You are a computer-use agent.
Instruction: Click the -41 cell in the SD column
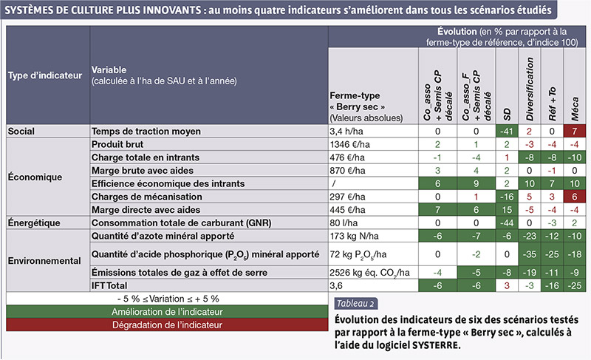(507, 131)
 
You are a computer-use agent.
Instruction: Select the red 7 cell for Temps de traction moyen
(575, 131)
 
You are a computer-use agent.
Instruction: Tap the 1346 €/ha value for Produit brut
(349, 144)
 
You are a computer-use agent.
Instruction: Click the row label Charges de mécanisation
(146, 197)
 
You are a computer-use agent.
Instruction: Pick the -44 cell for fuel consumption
(507, 223)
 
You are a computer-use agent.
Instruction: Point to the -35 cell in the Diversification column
(530, 254)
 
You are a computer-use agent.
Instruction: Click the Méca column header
(575, 109)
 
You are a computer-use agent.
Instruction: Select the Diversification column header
(530, 89)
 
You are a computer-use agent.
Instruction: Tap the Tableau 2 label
(355, 304)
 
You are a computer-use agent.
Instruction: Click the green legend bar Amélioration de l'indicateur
(167, 312)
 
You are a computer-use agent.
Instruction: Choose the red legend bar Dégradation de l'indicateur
(167, 325)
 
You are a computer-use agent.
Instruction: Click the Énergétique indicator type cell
(34, 223)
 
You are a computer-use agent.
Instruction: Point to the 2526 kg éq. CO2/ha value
(369, 273)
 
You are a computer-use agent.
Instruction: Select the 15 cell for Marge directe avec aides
(507, 210)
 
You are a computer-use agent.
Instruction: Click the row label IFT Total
(109, 286)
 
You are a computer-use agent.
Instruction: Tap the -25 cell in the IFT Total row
(575, 286)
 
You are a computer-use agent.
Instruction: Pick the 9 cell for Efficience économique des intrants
(476, 183)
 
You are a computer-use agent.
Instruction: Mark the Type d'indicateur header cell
(45, 75)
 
